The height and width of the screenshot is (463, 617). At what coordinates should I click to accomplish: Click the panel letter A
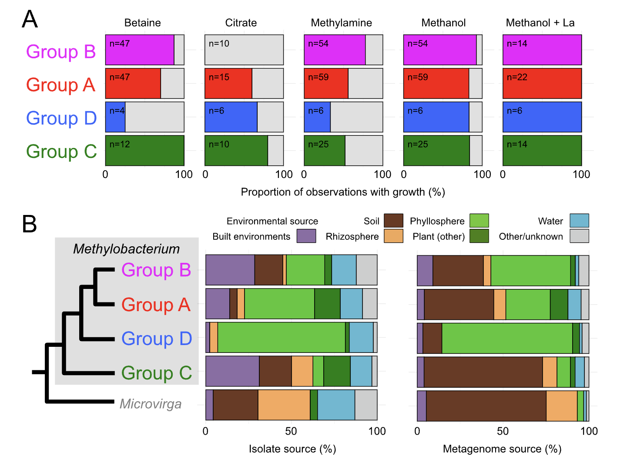(x=30, y=19)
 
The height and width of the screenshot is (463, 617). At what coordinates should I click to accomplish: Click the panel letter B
(x=30, y=224)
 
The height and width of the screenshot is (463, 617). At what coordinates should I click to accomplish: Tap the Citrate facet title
(x=241, y=23)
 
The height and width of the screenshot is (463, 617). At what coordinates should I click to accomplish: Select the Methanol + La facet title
(x=540, y=23)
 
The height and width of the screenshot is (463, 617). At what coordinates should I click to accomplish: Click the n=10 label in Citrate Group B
(x=219, y=44)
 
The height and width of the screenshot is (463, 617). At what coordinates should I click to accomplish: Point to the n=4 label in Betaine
(x=117, y=111)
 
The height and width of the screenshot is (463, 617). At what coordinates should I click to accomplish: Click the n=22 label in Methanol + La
(x=517, y=77)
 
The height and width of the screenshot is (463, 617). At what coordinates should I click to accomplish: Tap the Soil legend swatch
(x=393, y=221)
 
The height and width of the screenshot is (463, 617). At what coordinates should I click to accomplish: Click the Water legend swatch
(x=579, y=221)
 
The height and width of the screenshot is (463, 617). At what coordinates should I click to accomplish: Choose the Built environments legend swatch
(x=306, y=236)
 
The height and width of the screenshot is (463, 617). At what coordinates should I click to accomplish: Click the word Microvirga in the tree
(x=150, y=404)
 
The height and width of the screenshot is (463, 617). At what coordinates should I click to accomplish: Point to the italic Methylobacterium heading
(x=126, y=248)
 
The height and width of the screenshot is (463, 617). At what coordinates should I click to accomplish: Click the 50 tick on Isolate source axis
(x=291, y=431)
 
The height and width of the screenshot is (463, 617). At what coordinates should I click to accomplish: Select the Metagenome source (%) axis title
(x=502, y=449)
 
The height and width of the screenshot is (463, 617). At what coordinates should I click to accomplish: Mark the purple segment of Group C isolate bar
(x=232, y=371)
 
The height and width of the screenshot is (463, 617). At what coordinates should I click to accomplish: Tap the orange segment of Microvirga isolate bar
(x=284, y=405)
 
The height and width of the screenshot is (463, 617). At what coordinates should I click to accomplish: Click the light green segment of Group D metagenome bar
(x=507, y=338)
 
